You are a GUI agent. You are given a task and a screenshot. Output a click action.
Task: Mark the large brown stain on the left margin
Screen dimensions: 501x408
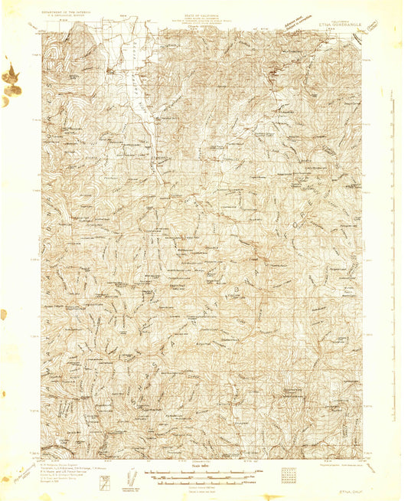[11, 80]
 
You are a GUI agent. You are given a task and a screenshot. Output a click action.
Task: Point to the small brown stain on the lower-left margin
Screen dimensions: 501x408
[4, 314]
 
